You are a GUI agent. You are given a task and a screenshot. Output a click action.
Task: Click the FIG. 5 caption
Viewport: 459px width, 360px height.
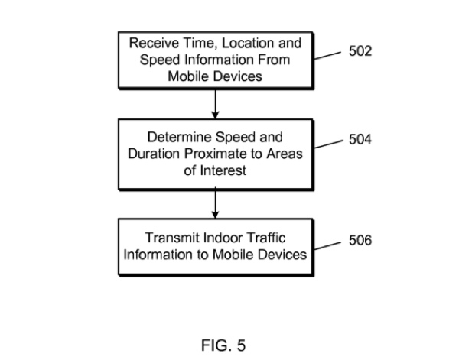point(223,345)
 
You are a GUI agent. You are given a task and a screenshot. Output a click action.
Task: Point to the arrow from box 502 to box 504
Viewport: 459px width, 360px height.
point(216,103)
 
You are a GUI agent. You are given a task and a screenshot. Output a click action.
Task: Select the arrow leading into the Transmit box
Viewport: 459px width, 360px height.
point(216,203)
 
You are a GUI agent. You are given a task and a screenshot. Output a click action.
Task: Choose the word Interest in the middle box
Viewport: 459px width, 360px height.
point(225,171)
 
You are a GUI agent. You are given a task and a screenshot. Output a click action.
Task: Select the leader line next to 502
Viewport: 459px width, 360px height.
point(327,56)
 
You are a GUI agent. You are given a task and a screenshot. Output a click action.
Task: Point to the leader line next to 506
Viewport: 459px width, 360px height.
point(327,245)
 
